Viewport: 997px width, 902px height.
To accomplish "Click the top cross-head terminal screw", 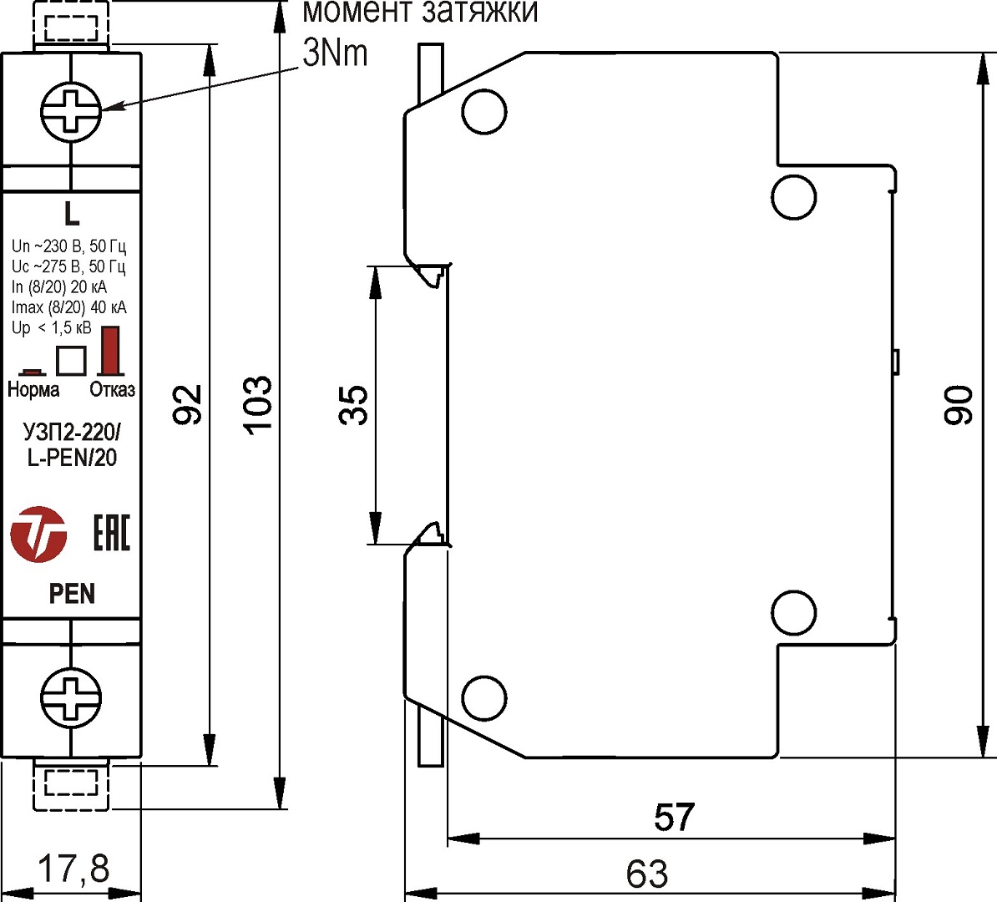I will (x=71, y=111).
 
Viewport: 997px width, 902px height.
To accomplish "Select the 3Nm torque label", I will (x=335, y=53).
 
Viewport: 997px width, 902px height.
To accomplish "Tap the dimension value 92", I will (x=188, y=404).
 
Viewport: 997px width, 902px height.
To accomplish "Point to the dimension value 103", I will (x=257, y=404).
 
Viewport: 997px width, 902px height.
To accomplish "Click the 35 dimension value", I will (x=354, y=405).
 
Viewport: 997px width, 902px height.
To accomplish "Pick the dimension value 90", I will (x=959, y=405).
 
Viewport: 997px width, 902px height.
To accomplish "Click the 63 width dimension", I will (x=647, y=874).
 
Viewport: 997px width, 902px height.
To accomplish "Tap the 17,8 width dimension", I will (x=73, y=869).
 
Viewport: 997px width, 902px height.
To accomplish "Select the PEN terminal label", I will (x=72, y=594).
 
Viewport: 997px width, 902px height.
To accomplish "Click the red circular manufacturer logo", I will (x=38, y=534).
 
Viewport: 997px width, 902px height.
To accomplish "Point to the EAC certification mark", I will (x=111, y=533).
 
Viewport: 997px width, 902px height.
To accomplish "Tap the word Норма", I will (x=33, y=389).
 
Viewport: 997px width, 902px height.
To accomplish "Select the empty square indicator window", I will (x=71, y=360).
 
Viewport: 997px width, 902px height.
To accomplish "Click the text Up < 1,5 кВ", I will (x=52, y=328).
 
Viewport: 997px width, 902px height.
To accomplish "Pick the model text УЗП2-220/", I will (x=72, y=433).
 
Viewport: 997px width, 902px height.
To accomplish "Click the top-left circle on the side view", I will (x=484, y=112).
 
